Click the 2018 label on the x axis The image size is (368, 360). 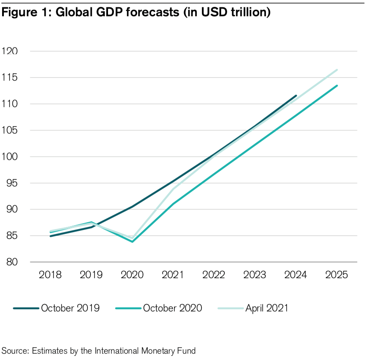(x=50, y=275)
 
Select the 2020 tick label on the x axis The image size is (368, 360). (x=132, y=275)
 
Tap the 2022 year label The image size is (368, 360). (x=213, y=275)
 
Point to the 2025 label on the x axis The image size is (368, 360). (x=336, y=275)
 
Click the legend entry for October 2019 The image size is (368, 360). (x=70, y=308)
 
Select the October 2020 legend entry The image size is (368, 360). (x=172, y=308)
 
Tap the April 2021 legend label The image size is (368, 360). (x=266, y=308)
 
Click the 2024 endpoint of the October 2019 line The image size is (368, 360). (x=296, y=96)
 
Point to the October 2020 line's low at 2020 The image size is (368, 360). (x=132, y=242)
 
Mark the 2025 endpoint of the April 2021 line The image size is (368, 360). (x=337, y=70)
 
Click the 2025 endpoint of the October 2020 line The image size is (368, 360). (x=337, y=85)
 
